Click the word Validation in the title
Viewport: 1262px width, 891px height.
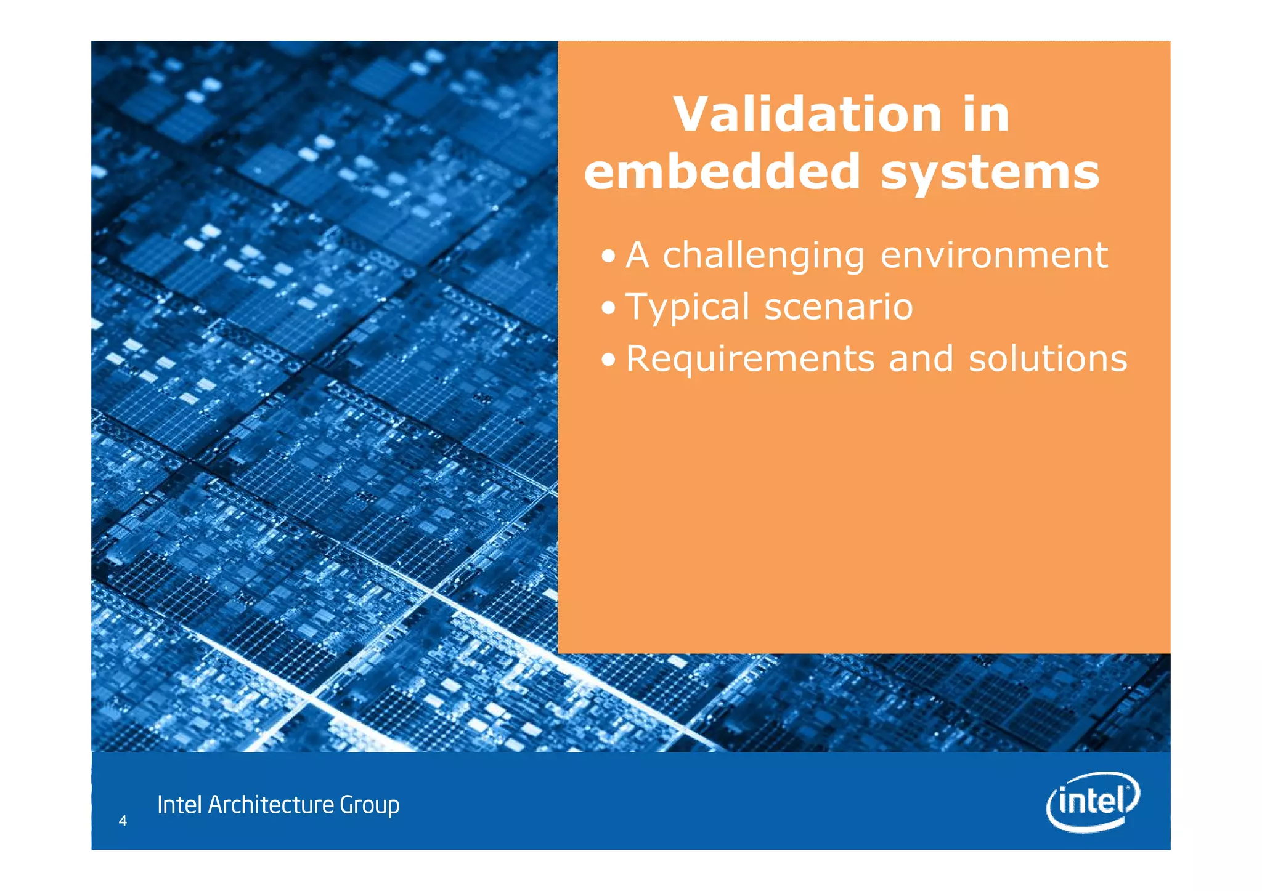807,115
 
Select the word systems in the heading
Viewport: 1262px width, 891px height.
990,172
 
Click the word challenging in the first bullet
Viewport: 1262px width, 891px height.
763,256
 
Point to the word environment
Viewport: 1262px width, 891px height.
994,255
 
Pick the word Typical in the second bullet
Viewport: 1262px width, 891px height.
687,307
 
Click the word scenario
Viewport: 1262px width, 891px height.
838,307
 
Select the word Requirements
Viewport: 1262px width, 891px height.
750,359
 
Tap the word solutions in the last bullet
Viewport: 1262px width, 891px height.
1048,358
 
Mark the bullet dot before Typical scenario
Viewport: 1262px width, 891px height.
608,308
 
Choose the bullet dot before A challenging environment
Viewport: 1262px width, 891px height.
608,256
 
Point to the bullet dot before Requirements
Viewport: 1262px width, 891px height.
608,360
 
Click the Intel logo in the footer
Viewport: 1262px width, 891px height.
1093,801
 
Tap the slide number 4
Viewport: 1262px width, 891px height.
123,821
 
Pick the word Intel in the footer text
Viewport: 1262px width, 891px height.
179,805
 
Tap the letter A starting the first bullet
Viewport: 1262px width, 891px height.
637,256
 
